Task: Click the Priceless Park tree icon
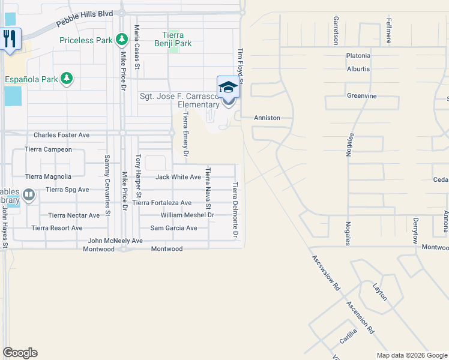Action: pos(122,40)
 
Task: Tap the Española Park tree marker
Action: pos(66,79)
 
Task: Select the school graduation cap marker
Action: pos(228,88)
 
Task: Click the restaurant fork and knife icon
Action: pos(10,40)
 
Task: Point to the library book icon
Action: pos(28,194)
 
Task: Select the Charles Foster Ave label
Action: pos(61,135)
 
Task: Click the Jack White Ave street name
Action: pos(178,177)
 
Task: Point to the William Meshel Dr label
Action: pos(187,215)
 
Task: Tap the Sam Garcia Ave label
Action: pos(173,228)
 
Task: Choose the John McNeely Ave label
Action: pos(115,241)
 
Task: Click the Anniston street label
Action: pos(267,118)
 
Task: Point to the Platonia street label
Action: pos(358,56)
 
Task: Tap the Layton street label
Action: pos(380,292)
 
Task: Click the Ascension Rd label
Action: pos(360,317)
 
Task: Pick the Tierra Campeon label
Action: pos(48,149)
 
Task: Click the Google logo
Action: pos(20,353)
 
